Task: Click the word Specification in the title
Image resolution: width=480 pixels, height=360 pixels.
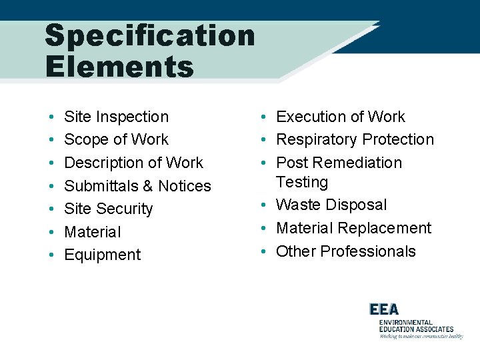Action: pyautogui.click(x=149, y=36)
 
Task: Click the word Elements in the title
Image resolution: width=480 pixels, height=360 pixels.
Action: pyautogui.click(x=119, y=67)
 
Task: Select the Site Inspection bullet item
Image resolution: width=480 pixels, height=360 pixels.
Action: pyautogui.click(x=116, y=117)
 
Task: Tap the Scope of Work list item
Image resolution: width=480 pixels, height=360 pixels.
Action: pyautogui.click(x=116, y=139)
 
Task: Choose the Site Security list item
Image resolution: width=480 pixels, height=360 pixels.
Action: pyautogui.click(x=108, y=209)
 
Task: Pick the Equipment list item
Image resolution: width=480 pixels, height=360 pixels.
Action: pyautogui.click(x=102, y=255)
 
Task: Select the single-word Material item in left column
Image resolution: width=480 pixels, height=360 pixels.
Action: pyautogui.click(x=92, y=232)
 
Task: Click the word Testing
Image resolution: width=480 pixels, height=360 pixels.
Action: pyautogui.click(x=302, y=182)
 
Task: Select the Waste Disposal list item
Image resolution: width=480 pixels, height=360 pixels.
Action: pyautogui.click(x=331, y=205)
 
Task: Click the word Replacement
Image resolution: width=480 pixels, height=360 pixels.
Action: pyautogui.click(x=392, y=228)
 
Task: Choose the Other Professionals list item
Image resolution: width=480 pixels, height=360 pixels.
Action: pyautogui.click(x=345, y=251)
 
